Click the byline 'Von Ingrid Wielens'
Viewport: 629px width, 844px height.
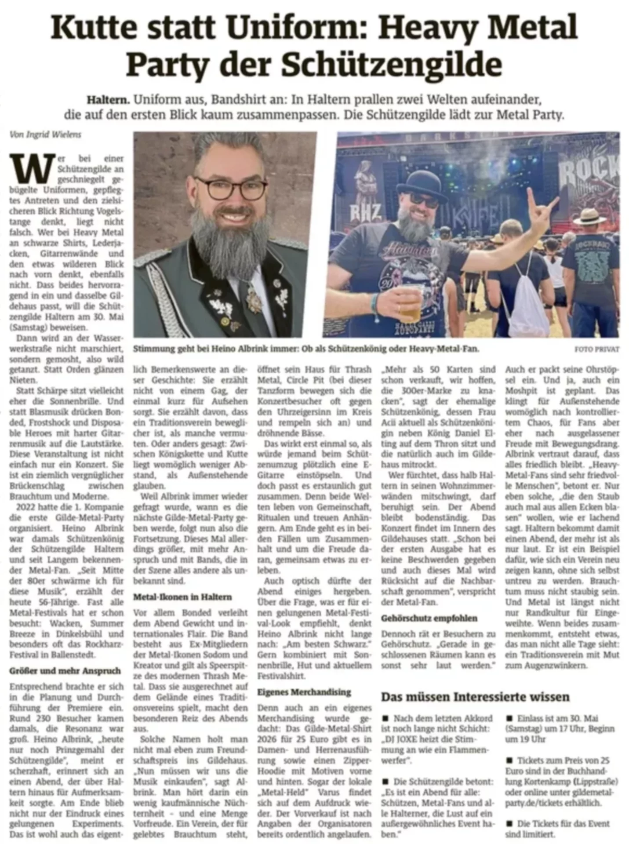pyautogui.click(x=45, y=135)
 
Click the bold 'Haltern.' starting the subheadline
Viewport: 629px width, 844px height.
pyautogui.click(x=108, y=100)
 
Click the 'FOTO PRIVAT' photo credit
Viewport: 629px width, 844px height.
pyautogui.click(x=596, y=349)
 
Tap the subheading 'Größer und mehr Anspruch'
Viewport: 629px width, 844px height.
pyautogui.click(x=65, y=671)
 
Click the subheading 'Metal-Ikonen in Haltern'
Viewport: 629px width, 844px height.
pyautogui.click(x=182, y=597)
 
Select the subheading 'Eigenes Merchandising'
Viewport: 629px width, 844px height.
pyautogui.click(x=304, y=692)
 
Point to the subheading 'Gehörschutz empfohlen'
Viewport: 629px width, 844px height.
pyautogui.click(x=429, y=618)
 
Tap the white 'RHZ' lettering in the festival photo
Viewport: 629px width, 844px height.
pyautogui.click(x=365, y=212)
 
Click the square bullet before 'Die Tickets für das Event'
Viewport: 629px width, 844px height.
pyautogui.click(x=509, y=823)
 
